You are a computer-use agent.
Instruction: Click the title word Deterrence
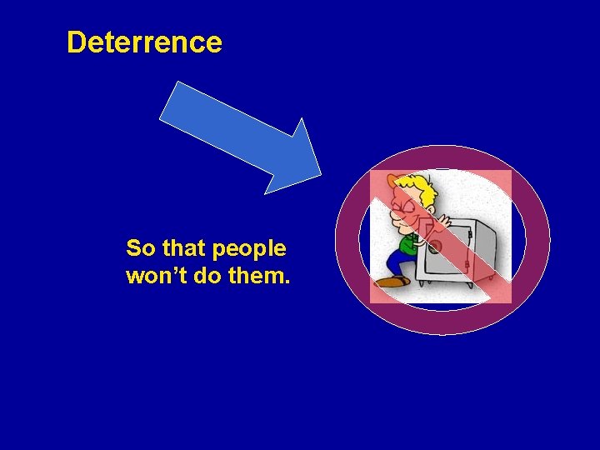144,42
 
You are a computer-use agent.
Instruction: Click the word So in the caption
141,248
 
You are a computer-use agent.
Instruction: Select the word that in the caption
184,248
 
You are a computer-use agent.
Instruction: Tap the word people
249,249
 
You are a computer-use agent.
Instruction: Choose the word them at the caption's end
262,276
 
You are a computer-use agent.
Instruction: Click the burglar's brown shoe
392,282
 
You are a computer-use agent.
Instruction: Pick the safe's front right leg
471,284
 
